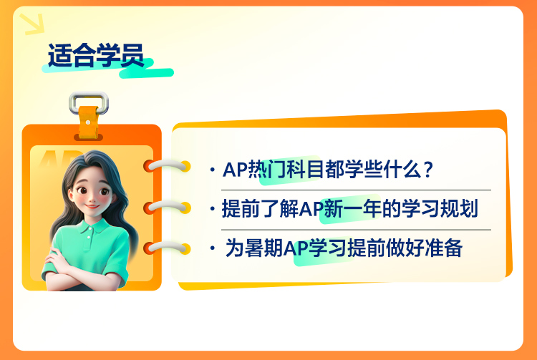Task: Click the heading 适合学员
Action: point(96,55)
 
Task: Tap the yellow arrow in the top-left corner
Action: point(32,24)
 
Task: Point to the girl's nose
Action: point(92,198)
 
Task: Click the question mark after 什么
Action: point(428,170)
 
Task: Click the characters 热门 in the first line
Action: point(267,170)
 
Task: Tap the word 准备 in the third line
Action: point(444,248)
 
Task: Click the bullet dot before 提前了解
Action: point(213,208)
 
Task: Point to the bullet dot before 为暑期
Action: point(213,248)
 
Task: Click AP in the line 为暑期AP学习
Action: point(296,248)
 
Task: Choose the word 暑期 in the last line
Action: point(263,248)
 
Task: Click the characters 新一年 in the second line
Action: point(352,208)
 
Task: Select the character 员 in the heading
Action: point(132,55)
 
